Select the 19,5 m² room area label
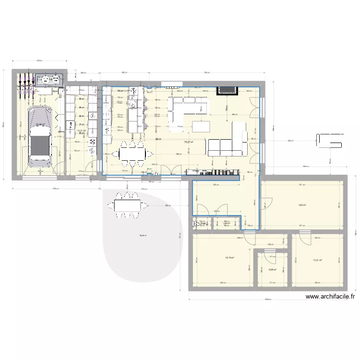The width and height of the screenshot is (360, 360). click(302, 205)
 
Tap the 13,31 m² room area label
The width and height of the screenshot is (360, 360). click(317, 261)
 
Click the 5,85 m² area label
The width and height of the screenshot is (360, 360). click(272, 270)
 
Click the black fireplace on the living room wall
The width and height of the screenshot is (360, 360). click(227, 90)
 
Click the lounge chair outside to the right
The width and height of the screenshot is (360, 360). click(329, 141)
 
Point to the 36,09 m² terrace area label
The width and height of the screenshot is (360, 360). click(143, 235)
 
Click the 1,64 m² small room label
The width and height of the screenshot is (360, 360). click(226, 223)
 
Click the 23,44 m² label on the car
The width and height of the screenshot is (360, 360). click(40, 124)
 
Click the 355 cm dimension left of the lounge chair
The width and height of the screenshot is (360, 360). click(290, 141)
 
